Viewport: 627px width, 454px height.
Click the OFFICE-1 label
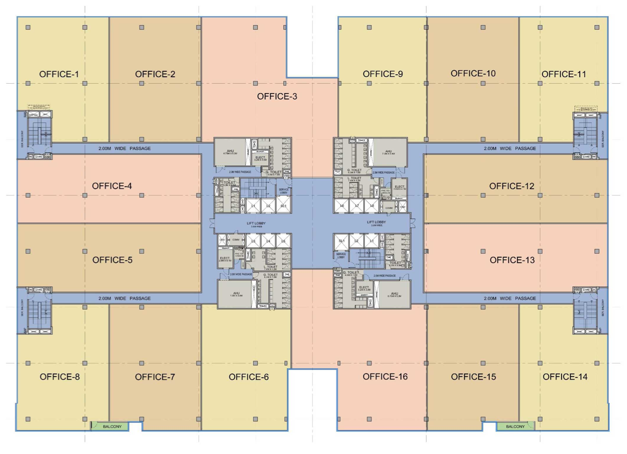(59, 75)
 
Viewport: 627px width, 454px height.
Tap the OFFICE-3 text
(277, 96)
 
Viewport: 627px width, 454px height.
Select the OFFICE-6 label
(249, 377)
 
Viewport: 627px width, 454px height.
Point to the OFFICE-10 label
(473, 74)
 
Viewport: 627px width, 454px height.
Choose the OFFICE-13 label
(512, 260)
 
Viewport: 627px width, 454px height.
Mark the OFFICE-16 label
(385, 377)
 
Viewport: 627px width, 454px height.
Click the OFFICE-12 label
(512, 186)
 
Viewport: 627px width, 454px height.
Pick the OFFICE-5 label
(112, 260)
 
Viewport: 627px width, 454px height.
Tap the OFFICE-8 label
(60, 377)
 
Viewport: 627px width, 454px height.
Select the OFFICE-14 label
(565, 377)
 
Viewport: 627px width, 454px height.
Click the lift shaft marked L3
(253, 241)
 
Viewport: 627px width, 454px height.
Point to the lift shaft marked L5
(283, 241)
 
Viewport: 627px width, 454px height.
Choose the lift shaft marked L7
(357, 206)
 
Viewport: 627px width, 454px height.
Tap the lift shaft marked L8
(371, 206)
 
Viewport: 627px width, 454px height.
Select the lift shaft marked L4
(268, 241)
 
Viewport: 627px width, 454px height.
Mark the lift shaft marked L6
(342, 206)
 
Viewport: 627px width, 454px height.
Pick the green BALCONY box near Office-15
(515, 426)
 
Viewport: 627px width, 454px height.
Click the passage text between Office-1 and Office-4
(125, 149)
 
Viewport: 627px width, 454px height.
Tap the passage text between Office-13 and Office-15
(510, 299)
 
